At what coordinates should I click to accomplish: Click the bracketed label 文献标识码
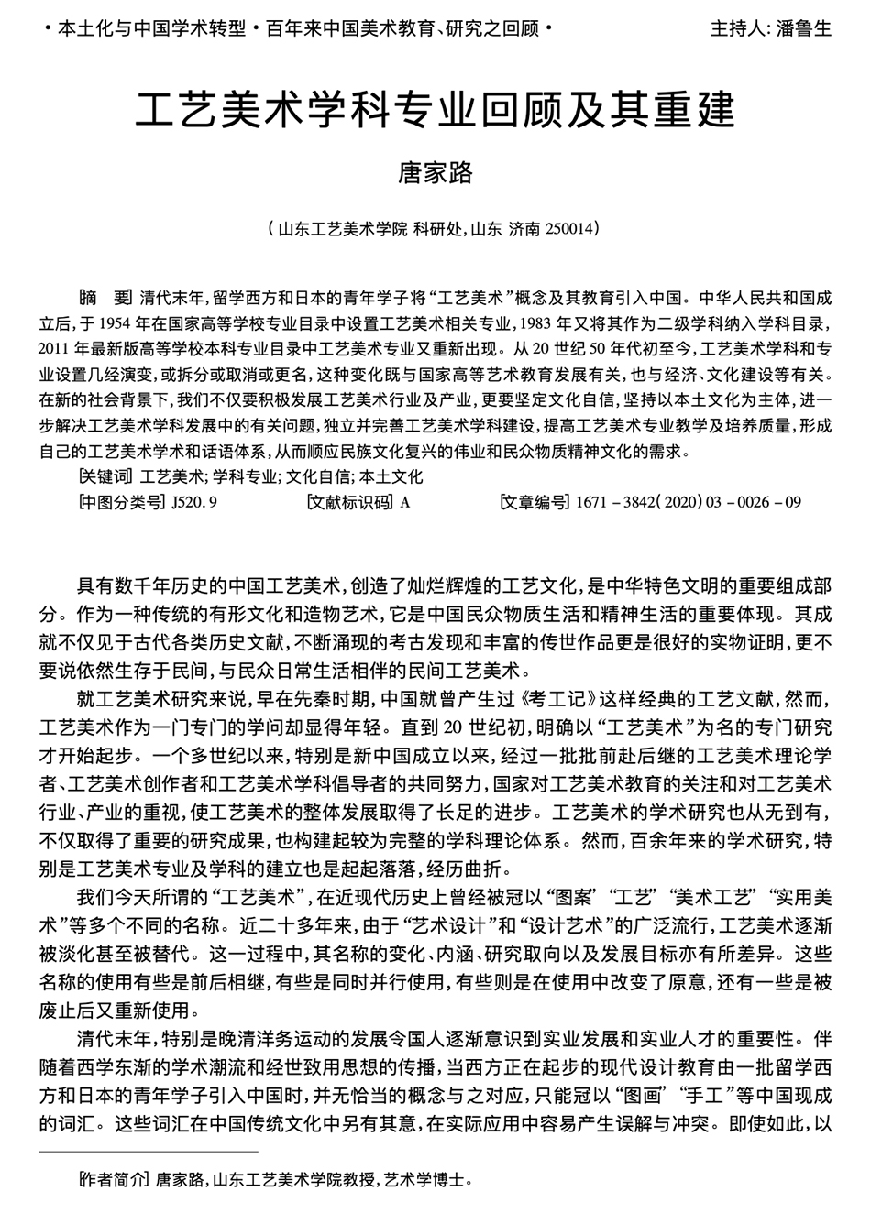point(349,502)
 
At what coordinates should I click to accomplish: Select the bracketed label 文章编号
point(535,502)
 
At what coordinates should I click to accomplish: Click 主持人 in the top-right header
point(734,28)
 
